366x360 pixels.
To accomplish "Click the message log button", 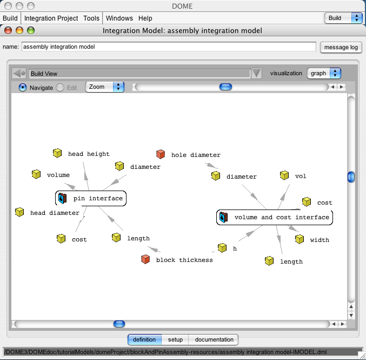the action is click(341, 47).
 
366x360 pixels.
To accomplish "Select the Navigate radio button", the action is click(23, 88).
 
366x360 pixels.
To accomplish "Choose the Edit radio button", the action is click(60, 88).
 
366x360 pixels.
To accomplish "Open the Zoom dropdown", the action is click(105, 87).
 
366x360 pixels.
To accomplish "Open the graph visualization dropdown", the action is click(324, 73).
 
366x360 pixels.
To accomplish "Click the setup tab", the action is click(175, 339).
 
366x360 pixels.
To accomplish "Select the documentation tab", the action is click(214, 339).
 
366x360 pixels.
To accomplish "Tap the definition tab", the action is click(144, 339).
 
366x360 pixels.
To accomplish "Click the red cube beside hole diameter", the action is click(161, 154).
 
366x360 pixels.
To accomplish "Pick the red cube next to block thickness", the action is click(145, 259).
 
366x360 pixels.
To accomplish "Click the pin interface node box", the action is click(91, 199).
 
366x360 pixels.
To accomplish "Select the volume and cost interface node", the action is click(275, 218).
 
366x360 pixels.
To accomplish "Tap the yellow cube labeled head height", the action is click(57, 153).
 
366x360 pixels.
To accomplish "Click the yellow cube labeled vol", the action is click(284, 175).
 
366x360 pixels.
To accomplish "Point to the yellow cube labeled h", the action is click(222, 248).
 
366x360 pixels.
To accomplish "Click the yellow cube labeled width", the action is click(300, 239).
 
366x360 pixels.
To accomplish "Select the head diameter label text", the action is click(55, 213).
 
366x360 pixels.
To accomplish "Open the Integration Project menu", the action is click(51, 18).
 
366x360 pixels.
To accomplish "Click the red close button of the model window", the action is click(8, 30).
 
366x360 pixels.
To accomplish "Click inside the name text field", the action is click(169, 47).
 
